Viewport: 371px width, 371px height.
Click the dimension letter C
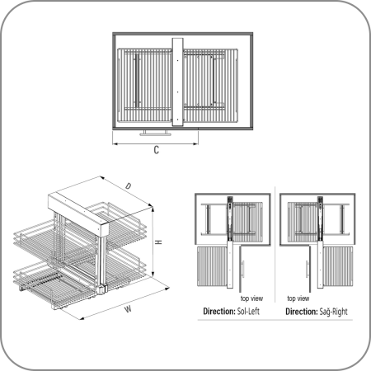[156, 150]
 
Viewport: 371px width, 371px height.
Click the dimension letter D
[128, 186]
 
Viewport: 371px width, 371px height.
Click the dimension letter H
[158, 242]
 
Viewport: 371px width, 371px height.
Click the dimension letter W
[128, 309]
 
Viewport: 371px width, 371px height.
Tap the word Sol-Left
[248, 312]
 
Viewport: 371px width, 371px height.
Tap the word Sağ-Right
[333, 312]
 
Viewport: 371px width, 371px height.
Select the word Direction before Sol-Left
[219, 312]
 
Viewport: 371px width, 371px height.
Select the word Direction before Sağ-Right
[302, 312]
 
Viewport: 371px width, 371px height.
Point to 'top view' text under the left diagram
[251, 298]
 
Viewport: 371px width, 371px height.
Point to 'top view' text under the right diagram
[298, 298]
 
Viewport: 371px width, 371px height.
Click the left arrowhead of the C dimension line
[115, 143]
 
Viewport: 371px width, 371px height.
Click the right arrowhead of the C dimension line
[196, 143]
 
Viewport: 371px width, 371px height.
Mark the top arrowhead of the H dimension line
[153, 209]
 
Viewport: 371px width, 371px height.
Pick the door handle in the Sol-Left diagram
[243, 270]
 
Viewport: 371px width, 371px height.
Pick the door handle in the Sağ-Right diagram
[307, 270]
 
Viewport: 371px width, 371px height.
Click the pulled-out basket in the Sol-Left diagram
[213, 266]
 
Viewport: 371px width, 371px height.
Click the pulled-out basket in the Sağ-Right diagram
[338, 266]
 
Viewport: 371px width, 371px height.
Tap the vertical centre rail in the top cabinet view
[177, 82]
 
